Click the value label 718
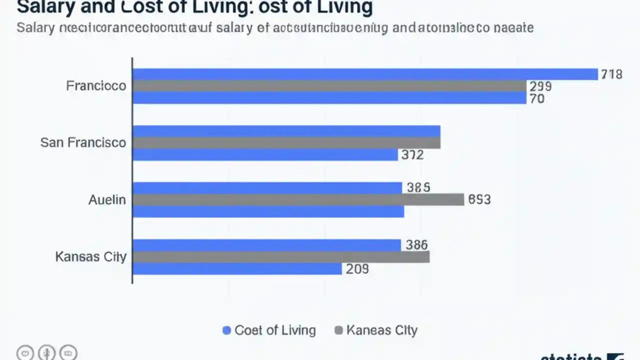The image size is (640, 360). click(x=611, y=74)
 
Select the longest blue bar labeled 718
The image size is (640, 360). click(x=365, y=74)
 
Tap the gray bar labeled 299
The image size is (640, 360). click(x=329, y=86)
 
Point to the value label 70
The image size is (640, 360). click(x=537, y=98)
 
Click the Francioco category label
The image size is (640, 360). click(x=96, y=86)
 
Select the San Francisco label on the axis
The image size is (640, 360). click(x=83, y=142)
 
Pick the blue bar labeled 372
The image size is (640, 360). click(x=265, y=155)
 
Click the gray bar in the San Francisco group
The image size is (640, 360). click(x=286, y=143)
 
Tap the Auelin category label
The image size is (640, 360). click(x=107, y=199)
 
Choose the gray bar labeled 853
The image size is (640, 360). click(x=298, y=199)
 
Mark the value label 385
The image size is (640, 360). click(x=418, y=187)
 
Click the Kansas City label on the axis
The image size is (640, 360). click(x=90, y=257)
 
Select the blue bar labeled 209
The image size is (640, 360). click(x=237, y=269)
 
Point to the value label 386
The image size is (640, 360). click(x=416, y=244)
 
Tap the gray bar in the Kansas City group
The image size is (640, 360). click(x=281, y=257)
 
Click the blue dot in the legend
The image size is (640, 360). click(x=226, y=330)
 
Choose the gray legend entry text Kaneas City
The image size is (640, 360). click(x=381, y=330)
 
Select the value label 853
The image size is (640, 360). click(x=479, y=199)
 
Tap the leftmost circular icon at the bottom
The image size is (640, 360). click(x=25, y=352)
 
